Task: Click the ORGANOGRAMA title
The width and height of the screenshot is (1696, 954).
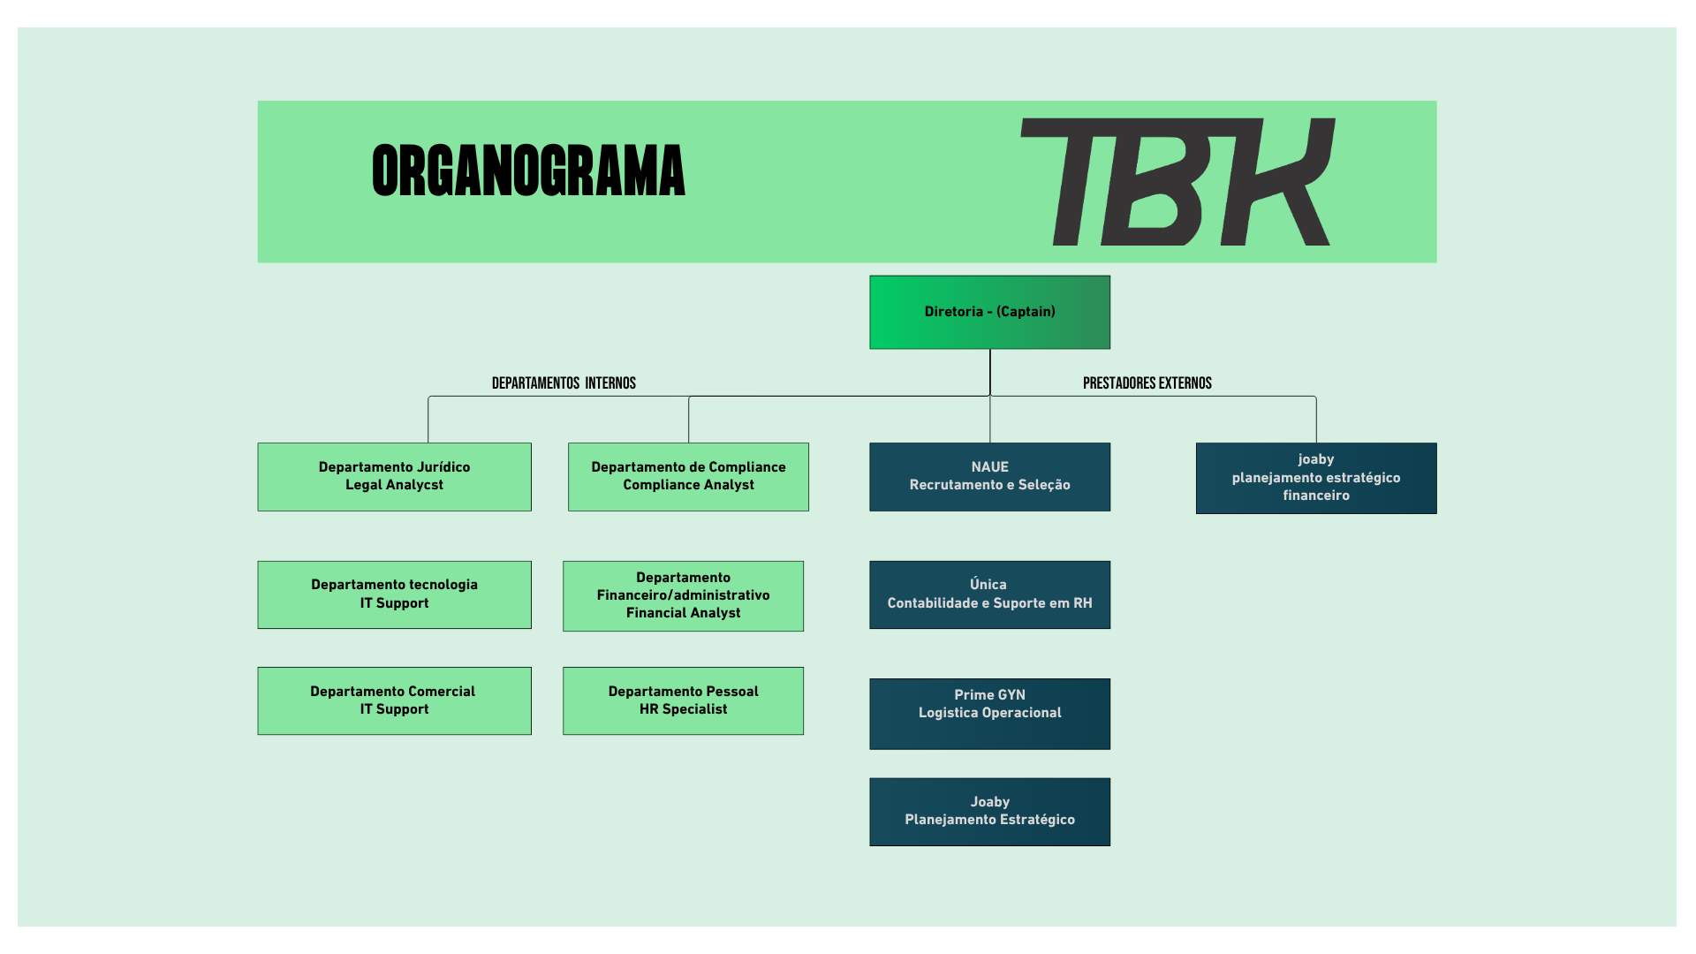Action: [528, 171]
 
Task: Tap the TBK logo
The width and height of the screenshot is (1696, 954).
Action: [1177, 182]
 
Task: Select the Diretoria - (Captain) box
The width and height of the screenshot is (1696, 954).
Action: [989, 312]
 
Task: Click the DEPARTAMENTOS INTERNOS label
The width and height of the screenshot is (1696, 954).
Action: [564, 383]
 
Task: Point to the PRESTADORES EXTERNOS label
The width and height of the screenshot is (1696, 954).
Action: [1147, 383]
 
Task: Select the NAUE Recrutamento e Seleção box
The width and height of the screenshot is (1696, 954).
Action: [989, 477]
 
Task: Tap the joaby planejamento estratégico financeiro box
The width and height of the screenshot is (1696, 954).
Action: [1315, 478]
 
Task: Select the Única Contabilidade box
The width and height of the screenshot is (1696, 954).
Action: [989, 594]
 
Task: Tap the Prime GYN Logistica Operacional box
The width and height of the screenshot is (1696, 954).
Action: [989, 714]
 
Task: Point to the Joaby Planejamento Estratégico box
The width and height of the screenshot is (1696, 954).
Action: [989, 812]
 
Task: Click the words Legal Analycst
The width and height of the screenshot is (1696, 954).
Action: [394, 485]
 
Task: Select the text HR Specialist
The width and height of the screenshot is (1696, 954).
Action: [683, 709]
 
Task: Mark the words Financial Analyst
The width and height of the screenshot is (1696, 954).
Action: [683, 613]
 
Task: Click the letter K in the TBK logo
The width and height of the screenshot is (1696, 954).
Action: [1281, 182]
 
